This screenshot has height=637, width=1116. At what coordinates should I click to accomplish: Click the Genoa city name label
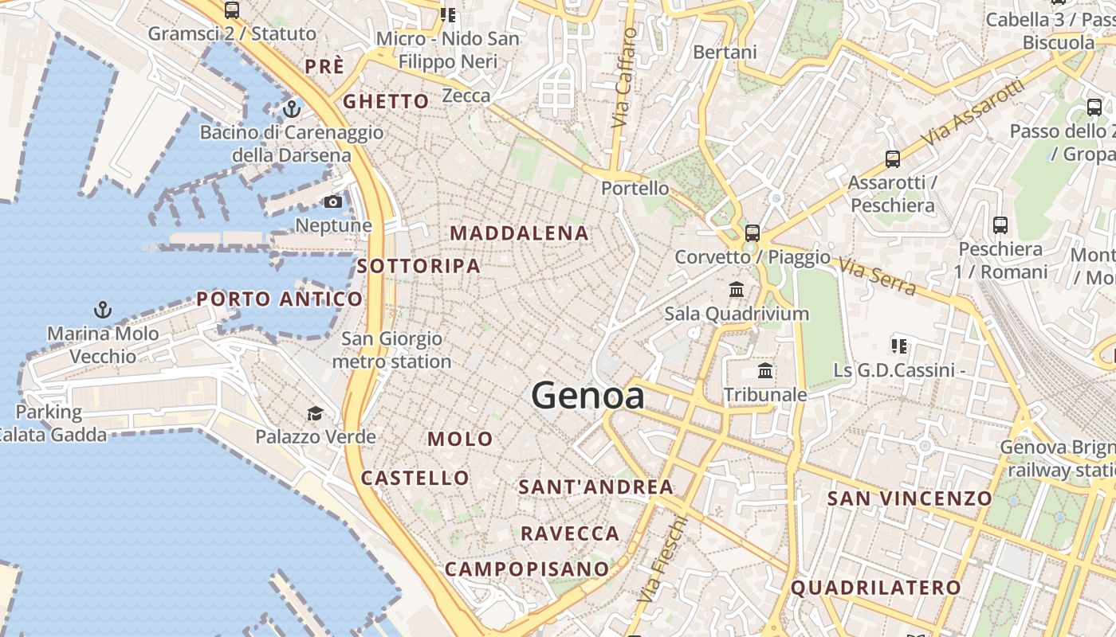pyautogui.click(x=587, y=395)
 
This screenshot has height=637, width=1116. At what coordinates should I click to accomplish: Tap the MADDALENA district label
pyautogui.click(x=520, y=233)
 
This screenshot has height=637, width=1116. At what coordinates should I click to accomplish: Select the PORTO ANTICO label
pyautogui.click(x=280, y=299)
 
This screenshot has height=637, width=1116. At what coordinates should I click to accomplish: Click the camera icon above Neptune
pyautogui.click(x=333, y=202)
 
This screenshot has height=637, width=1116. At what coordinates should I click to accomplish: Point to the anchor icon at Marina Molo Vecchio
pyautogui.click(x=102, y=310)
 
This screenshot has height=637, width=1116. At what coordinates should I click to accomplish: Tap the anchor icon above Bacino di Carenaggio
pyautogui.click(x=292, y=108)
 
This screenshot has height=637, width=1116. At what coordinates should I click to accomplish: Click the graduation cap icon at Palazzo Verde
pyautogui.click(x=316, y=413)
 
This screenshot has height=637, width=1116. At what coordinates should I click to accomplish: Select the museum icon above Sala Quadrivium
pyautogui.click(x=737, y=289)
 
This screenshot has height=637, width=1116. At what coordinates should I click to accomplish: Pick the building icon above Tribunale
pyautogui.click(x=765, y=370)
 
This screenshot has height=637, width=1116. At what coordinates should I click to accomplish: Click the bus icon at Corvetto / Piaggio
pyautogui.click(x=752, y=233)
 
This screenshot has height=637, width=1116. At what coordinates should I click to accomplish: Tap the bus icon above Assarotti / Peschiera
pyautogui.click(x=892, y=158)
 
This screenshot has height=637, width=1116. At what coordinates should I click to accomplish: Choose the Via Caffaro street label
pyautogui.click(x=624, y=78)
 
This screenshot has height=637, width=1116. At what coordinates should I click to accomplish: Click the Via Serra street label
pyautogui.click(x=877, y=276)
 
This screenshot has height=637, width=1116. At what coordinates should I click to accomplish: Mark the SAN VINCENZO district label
pyautogui.click(x=910, y=499)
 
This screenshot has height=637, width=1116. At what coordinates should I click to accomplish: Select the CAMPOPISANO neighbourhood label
pyautogui.click(x=527, y=569)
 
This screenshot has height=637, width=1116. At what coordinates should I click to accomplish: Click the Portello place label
pyautogui.click(x=635, y=189)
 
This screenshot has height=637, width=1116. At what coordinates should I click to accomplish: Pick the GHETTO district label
pyautogui.click(x=386, y=102)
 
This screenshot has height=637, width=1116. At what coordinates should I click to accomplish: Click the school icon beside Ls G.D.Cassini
pyautogui.click(x=899, y=346)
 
